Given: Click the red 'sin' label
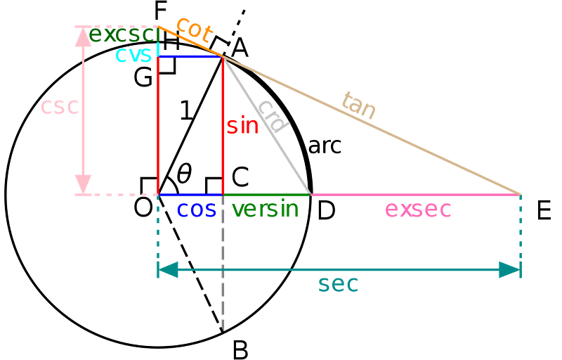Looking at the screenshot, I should (x=243, y=127).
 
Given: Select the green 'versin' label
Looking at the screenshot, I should (x=264, y=210).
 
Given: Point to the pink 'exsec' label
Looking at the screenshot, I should (x=418, y=210).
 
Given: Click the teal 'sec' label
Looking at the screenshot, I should (x=338, y=284).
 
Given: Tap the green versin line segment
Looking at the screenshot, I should (x=267, y=193).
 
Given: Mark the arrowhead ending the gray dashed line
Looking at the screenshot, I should (x=223, y=325).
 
